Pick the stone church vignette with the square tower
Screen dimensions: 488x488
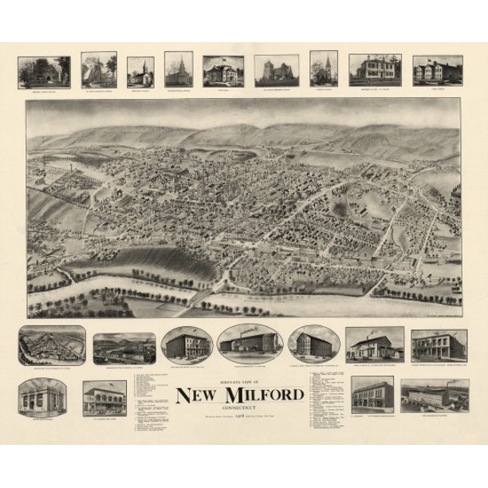coord(277,71)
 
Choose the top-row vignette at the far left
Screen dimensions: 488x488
coord(44,72)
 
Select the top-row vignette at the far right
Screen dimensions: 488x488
coord(437,69)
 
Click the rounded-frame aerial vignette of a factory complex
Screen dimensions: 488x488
coord(52,345)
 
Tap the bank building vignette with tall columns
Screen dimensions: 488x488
coord(42,397)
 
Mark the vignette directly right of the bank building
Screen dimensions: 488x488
coord(104,397)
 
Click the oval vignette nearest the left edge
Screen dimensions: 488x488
coord(187,344)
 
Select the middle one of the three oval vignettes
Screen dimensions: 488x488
coord(250,344)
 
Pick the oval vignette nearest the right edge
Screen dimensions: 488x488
coord(314,343)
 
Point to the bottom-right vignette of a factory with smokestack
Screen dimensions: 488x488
coord(435,396)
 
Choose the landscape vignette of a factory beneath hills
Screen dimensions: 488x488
coord(124,348)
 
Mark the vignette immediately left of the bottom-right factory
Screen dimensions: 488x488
coord(372,395)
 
